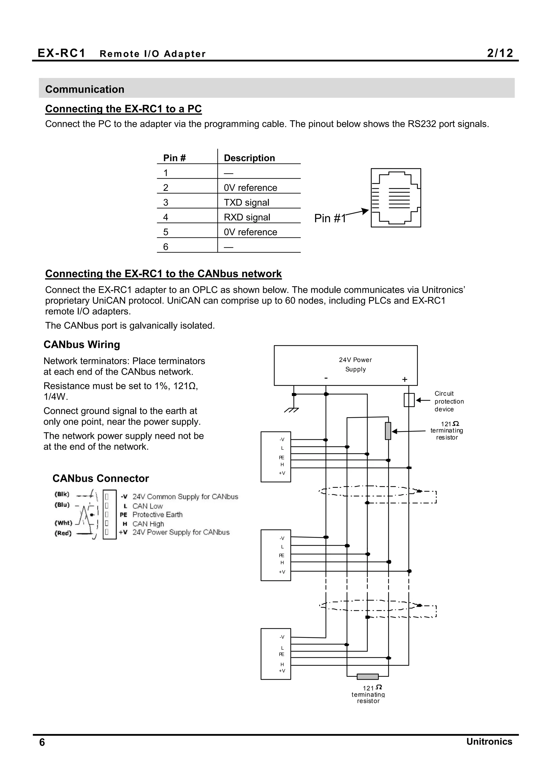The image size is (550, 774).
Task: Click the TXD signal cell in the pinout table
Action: [x=247, y=202]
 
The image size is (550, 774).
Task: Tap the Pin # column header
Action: [x=174, y=158]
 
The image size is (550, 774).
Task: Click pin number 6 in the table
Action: [x=166, y=247]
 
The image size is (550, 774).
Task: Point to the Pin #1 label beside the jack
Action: [x=330, y=218]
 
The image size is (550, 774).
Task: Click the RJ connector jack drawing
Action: [x=396, y=198]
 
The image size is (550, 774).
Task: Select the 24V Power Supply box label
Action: [x=355, y=364]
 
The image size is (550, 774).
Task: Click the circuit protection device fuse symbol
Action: [x=409, y=400]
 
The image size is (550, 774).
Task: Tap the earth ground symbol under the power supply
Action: [x=292, y=410]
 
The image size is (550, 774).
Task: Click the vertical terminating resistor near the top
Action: [x=388, y=431]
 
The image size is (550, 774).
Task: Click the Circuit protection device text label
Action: [x=449, y=401]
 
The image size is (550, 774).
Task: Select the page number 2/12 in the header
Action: [x=500, y=53]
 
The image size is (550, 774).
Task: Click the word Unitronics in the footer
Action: [x=489, y=742]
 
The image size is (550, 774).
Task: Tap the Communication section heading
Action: [x=85, y=89]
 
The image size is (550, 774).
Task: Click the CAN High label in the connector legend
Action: [x=148, y=524]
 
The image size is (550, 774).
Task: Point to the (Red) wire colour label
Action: [x=63, y=533]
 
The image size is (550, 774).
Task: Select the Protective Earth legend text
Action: [x=157, y=515]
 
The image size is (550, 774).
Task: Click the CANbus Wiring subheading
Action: [x=82, y=345]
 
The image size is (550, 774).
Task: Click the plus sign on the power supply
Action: [x=404, y=380]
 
